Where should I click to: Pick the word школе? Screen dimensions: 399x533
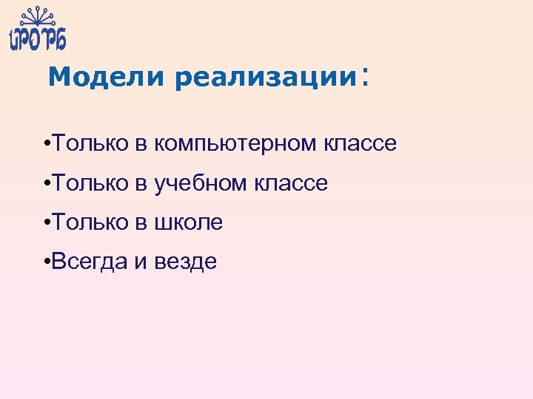pyautogui.click(x=188, y=222)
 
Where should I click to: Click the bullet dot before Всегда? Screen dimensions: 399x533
pyautogui.click(x=47, y=262)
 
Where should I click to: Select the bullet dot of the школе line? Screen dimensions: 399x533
pyautogui.click(x=47, y=223)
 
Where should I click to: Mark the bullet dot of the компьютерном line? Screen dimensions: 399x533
pyautogui.click(x=47, y=144)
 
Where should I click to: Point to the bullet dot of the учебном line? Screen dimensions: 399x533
pyautogui.click(x=47, y=184)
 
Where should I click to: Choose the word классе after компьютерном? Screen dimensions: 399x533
pyautogui.click(x=360, y=143)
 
